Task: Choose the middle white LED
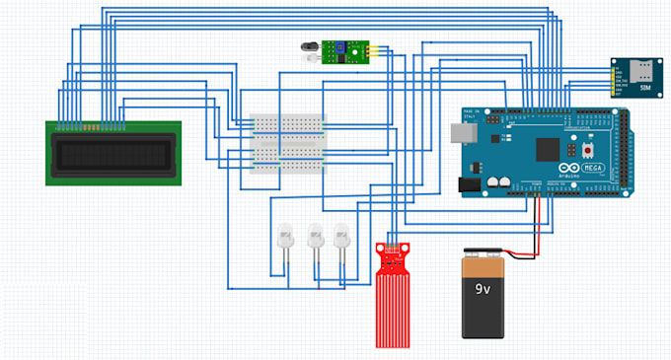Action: [x=316, y=237]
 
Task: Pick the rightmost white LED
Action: [x=342, y=237]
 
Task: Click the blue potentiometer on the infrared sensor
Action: [x=337, y=47]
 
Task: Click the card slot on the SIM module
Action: [x=643, y=69]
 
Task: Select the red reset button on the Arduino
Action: [x=588, y=151]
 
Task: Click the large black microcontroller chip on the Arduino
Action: [x=545, y=149]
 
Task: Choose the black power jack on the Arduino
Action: [x=468, y=182]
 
